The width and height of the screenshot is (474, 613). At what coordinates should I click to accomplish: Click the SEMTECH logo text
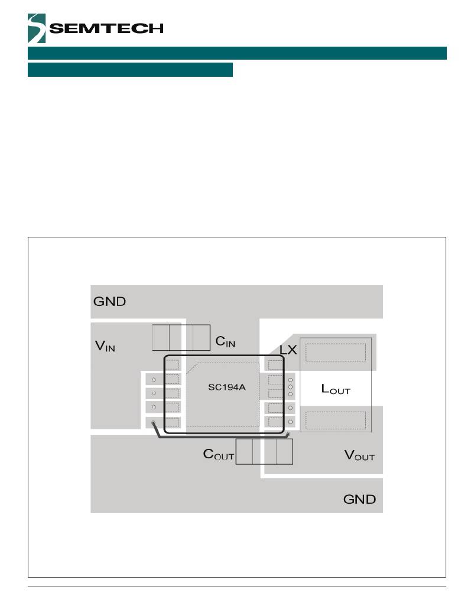click(x=106, y=29)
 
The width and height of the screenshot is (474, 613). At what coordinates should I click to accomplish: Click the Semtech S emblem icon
click(x=36, y=28)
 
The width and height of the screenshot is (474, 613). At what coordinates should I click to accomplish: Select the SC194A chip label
click(x=222, y=388)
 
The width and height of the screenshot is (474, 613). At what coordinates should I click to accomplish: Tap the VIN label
click(x=105, y=346)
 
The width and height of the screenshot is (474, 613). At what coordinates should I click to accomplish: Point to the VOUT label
click(x=359, y=455)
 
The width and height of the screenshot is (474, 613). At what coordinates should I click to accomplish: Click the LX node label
click(x=288, y=350)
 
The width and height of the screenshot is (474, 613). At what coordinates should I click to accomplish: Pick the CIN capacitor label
click(x=225, y=341)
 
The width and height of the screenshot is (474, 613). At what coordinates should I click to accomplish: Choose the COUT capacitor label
click(x=219, y=455)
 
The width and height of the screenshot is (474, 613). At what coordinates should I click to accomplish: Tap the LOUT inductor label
click(x=336, y=389)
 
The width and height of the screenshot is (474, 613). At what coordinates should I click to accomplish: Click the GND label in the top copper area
click(x=110, y=301)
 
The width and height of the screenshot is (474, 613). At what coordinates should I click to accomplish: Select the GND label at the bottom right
click(x=359, y=499)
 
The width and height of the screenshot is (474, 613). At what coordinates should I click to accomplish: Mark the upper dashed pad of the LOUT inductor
click(x=336, y=352)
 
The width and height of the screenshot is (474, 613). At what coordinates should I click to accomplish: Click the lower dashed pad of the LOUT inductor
click(x=336, y=420)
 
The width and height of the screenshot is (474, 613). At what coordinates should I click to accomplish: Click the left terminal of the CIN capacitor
click(x=161, y=337)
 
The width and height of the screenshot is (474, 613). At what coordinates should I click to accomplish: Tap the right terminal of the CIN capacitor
click(x=202, y=337)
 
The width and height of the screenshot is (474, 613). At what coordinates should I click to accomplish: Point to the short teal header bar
click(x=130, y=70)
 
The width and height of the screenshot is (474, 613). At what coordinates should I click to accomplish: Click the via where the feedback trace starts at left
click(x=154, y=422)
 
